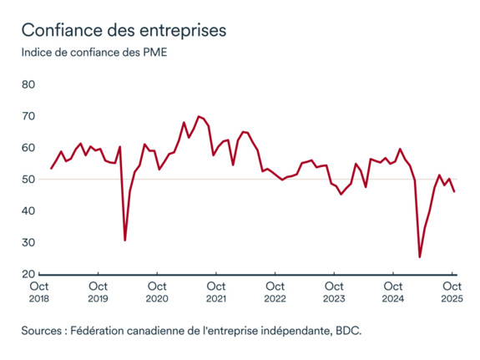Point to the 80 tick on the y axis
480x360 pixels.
click(x=28, y=84)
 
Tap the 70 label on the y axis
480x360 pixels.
click(x=28, y=116)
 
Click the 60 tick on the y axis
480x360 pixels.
click(x=28, y=148)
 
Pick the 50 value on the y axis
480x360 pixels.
click(x=28, y=180)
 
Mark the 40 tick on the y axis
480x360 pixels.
click(x=28, y=211)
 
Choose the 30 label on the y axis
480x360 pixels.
click(x=28, y=243)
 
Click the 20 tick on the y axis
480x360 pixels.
click(x=28, y=274)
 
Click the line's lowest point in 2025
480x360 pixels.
click(x=420, y=257)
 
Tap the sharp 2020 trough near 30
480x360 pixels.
click(x=125, y=241)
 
